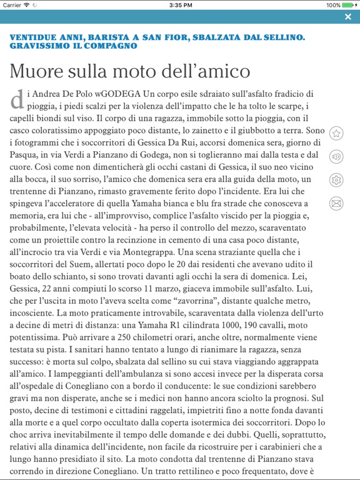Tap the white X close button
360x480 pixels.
pos(348,17)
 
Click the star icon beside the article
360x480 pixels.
pos(336,133)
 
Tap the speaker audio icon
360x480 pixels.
pos(336,156)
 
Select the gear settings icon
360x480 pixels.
pos(336,180)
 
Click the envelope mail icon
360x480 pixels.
pos(336,203)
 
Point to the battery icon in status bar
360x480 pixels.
pos(349,5)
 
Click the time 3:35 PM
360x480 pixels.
pos(180,5)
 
